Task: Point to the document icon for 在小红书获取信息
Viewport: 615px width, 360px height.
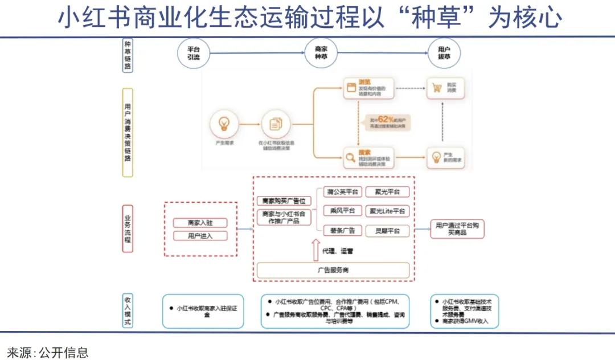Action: point(276,124)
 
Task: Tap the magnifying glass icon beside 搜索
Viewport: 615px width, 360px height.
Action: point(350,157)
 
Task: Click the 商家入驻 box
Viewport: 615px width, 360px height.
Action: point(199,223)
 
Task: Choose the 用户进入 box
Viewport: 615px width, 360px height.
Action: point(199,236)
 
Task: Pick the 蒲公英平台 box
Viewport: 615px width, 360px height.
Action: point(342,191)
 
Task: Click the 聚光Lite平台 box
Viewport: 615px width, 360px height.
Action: point(387,211)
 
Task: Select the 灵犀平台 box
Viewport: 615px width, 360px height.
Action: point(387,231)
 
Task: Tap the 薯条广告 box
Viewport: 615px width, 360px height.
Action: point(342,231)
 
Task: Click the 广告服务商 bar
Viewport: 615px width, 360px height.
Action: point(334,270)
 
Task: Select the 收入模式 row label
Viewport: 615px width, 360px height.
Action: point(128,311)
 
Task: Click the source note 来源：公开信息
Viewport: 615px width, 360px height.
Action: point(48,352)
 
